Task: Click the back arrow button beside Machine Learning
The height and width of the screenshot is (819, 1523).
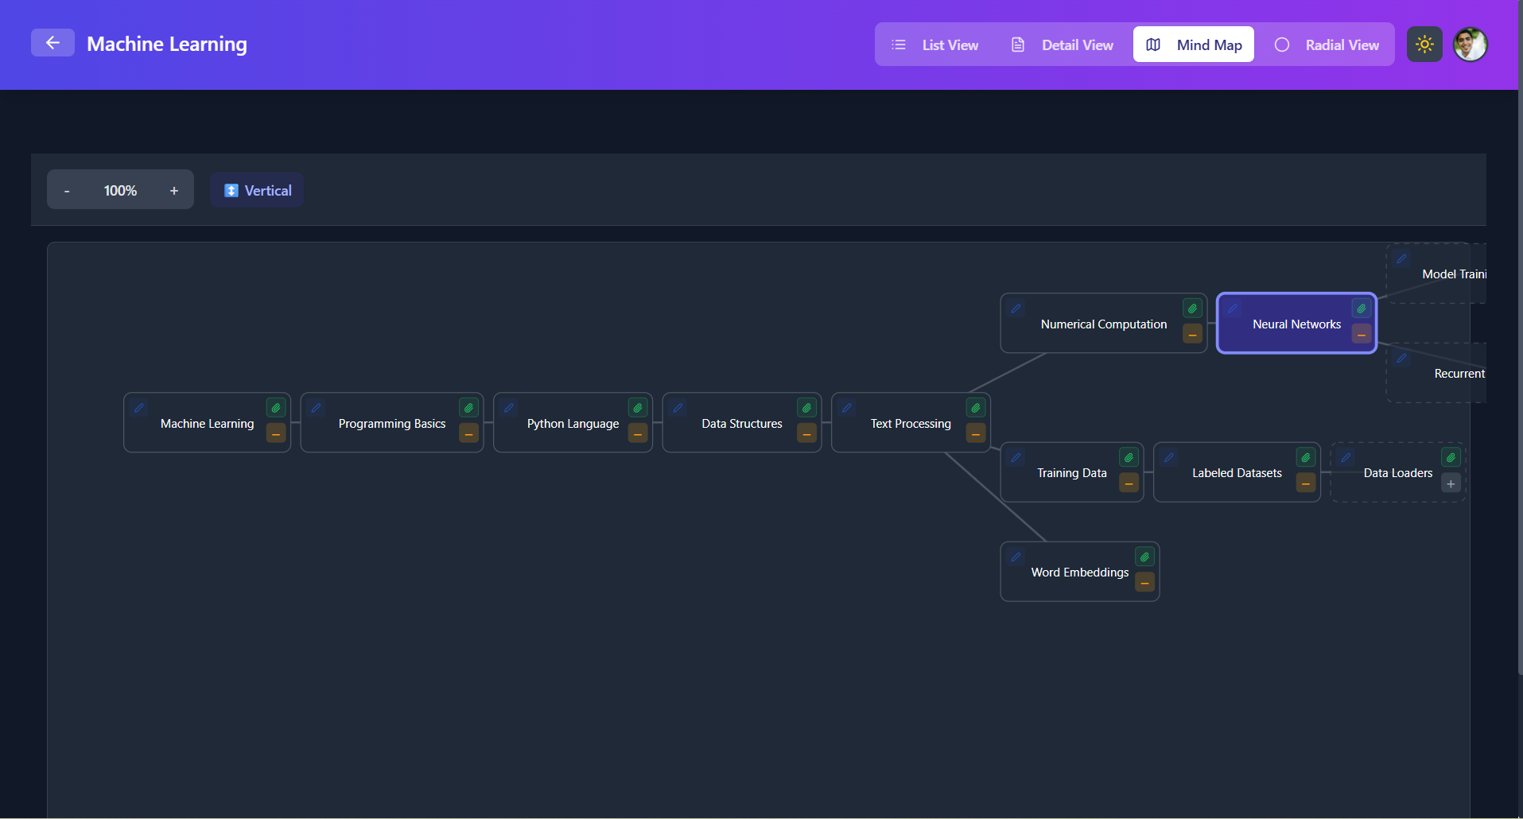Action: pos(52,43)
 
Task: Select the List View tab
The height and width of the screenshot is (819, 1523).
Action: pos(935,45)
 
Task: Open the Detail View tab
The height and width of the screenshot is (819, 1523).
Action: pos(1063,45)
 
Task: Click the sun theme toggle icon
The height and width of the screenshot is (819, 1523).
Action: pos(1424,45)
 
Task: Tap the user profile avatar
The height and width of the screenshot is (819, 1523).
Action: pos(1470,45)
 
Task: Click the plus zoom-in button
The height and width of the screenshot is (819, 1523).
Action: pos(174,191)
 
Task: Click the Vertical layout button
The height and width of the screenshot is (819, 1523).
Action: pos(258,191)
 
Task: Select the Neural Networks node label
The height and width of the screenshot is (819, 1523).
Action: pos(1296,324)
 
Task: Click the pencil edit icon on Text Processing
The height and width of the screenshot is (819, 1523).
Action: pos(847,408)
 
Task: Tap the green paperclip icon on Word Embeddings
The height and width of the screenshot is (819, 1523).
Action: pos(1144,557)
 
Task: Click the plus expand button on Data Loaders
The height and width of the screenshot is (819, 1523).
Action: pos(1451,483)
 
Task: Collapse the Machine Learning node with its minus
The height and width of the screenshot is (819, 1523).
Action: pos(276,434)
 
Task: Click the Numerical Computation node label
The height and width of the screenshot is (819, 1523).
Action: pos(1104,324)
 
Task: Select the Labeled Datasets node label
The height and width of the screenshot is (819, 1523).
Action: pos(1237,473)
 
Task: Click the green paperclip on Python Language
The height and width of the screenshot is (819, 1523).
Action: pos(638,408)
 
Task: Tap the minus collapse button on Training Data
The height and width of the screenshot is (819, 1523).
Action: pos(1129,483)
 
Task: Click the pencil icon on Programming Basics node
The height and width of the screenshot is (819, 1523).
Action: pos(317,408)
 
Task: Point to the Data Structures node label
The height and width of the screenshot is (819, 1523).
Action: pos(741,424)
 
